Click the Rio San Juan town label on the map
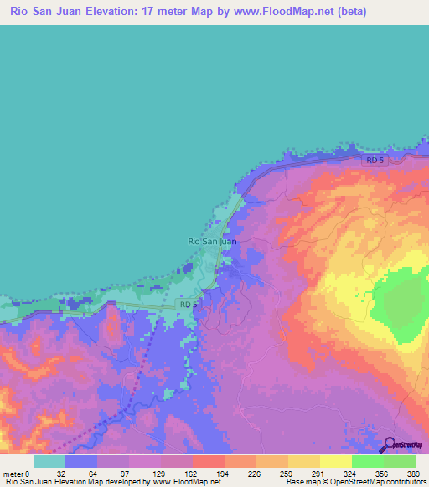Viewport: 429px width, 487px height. point(211,241)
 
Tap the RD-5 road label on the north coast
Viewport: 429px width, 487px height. point(374,159)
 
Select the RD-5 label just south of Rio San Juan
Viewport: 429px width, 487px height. point(188,305)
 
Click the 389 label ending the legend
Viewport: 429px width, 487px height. point(414,474)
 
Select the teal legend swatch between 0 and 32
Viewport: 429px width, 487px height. point(49,461)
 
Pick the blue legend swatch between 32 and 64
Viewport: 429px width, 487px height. point(81,461)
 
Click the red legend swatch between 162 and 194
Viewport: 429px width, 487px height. point(209,461)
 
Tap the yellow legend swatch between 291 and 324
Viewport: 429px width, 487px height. point(335,461)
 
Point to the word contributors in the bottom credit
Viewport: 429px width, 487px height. point(401,483)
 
